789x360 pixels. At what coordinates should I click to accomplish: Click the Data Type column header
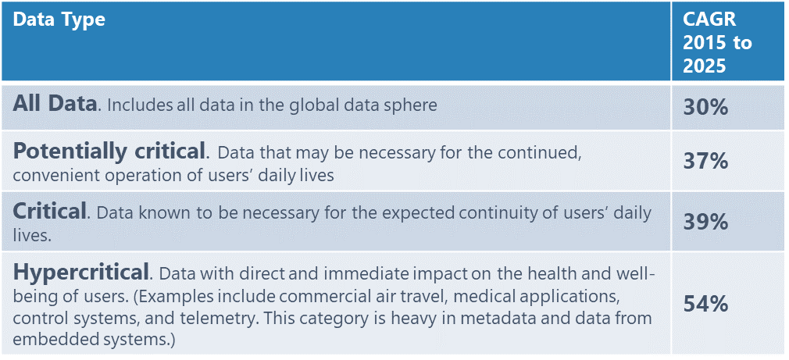click(x=59, y=20)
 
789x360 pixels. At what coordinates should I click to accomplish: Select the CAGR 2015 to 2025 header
click(x=717, y=43)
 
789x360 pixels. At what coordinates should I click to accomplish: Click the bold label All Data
click(x=55, y=104)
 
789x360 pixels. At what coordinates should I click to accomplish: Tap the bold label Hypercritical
click(x=81, y=273)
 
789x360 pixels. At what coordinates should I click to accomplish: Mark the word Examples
click(x=179, y=298)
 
